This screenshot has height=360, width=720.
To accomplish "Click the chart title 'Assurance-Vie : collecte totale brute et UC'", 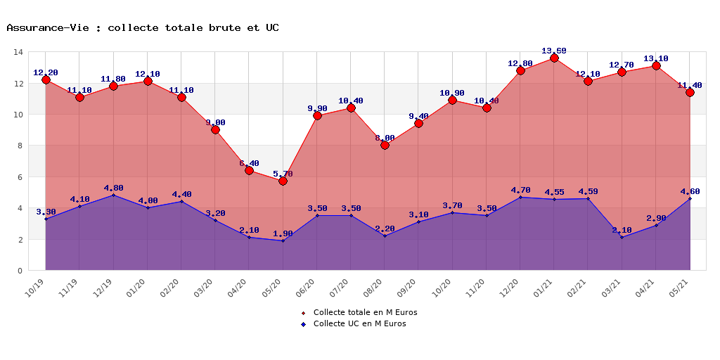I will [x=143, y=28].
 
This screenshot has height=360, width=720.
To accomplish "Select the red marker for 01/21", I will [x=554, y=58].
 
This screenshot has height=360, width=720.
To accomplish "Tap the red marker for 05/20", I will [x=283, y=181].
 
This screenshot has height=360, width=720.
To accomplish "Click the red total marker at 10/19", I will [x=46, y=79].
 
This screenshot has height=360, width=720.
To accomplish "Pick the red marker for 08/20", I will [x=385, y=145].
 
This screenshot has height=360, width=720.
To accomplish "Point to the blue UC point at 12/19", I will [x=113, y=195].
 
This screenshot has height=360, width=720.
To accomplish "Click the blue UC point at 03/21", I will [x=622, y=237].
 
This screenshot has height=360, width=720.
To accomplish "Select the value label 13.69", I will [x=554, y=51].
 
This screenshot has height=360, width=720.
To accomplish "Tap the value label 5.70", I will [x=283, y=174].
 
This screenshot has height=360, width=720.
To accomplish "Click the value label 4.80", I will [x=113, y=188].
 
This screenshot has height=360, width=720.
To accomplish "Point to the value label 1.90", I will [x=283, y=233].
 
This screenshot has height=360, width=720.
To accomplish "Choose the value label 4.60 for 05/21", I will [x=690, y=191].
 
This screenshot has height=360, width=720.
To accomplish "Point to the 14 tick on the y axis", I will [x=18, y=52].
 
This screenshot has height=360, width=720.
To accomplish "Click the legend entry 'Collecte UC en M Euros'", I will [x=359, y=323].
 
